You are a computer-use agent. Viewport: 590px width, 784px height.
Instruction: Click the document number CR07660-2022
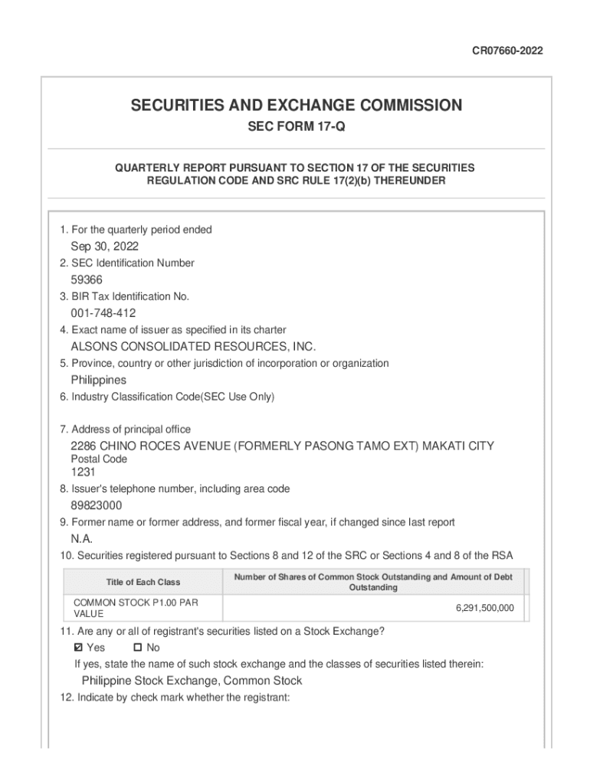point(509,51)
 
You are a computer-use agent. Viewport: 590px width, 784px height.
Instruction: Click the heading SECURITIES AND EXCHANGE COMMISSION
point(296,105)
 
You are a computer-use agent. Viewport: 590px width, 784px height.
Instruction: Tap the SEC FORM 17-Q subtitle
point(296,127)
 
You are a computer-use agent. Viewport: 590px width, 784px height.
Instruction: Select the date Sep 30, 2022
point(105,247)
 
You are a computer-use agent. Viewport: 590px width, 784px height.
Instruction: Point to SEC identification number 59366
point(87,280)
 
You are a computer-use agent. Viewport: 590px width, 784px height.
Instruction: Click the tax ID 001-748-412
point(103,313)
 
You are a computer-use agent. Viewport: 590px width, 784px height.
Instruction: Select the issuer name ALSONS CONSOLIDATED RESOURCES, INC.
point(193,347)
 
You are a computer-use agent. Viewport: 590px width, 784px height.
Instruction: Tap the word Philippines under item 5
point(99,381)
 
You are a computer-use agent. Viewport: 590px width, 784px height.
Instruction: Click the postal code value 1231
point(84,472)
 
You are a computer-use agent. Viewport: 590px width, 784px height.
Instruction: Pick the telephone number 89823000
point(97,505)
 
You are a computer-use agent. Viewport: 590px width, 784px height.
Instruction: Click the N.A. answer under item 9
point(82,539)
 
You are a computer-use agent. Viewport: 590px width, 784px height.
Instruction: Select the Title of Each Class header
point(143,583)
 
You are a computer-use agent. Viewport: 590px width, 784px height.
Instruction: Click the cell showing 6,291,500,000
point(484,608)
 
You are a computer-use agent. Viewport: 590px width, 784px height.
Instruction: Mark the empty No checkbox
point(127,648)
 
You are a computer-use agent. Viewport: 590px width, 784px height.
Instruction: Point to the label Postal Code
point(99,459)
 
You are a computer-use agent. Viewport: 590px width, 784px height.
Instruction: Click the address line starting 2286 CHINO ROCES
point(282,446)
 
